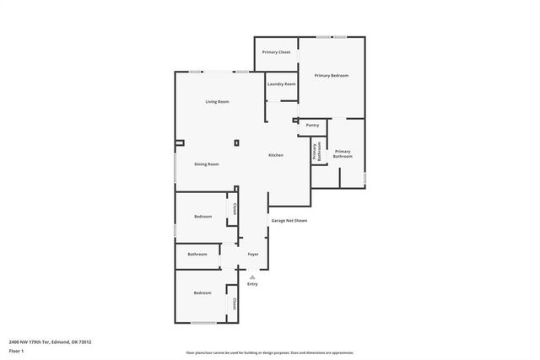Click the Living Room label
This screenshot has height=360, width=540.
[217, 102]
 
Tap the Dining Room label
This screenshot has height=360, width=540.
[207, 164]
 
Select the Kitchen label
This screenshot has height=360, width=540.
[276, 155]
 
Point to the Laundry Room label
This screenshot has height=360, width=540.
[282, 84]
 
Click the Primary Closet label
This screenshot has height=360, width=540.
[276, 52]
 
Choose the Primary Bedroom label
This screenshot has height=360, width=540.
[332, 76]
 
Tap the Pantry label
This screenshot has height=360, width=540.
[312, 125]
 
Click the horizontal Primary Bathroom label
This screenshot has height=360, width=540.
[343, 153]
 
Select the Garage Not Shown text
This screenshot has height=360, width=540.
[289, 221]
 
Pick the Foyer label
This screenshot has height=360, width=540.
[252, 255]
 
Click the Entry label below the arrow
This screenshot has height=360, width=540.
[252, 283]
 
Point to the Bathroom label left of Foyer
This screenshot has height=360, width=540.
[197, 255]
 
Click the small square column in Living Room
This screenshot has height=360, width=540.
[236, 142]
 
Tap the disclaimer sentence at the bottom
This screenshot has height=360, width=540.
[269, 353]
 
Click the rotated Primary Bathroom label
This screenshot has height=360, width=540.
[317, 152]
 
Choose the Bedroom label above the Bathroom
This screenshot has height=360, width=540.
[202, 217]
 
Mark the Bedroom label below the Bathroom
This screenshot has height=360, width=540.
[202, 293]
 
